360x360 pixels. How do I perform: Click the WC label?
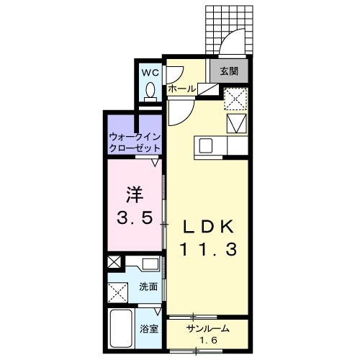(x=150, y=73)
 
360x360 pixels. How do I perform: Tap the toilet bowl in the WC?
(x=150, y=90)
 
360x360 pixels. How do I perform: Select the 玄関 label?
(x=229, y=71)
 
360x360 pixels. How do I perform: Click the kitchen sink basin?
(x=206, y=146)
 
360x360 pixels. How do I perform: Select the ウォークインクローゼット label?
(x=135, y=141)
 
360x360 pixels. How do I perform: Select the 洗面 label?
(x=148, y=287)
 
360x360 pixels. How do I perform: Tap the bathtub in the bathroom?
(x=120, y=330)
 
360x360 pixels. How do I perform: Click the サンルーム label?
(x=207, y=328)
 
